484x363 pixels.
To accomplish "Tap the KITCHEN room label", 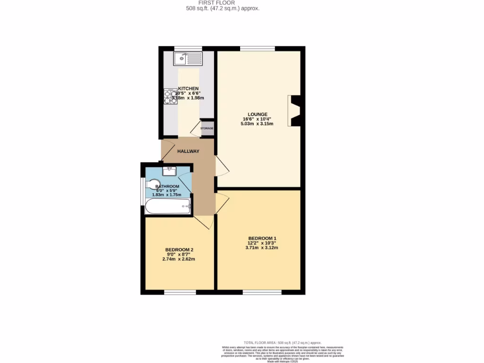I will pyautogui.click(x=188, y=89).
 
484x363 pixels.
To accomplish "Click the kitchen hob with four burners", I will pyautogui.click(x=171, y=96).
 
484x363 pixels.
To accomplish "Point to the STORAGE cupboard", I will pyautogui.click(x=207, y=128).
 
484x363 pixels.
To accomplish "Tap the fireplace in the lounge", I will pyautogui.click(x=294, y=111).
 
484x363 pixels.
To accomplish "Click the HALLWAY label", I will pyautogui.click(x=188, y=151).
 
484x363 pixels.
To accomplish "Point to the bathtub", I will pyautogui.click(x=168, y=206).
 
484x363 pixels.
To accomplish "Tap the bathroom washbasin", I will pyautogui.click(x=169, y=171).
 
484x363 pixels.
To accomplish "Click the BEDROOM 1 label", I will pyautogui.click(x=262, y=238).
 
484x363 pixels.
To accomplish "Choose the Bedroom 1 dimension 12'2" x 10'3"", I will pyautogui.click(x=262, y=243).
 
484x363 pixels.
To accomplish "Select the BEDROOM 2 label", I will pyautogui.click(x=179, y=250).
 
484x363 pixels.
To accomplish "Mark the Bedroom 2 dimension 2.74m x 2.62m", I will pyautogui.click(x=179, y=259).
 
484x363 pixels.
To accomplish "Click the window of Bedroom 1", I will pyautogui.click(x=262, y=292).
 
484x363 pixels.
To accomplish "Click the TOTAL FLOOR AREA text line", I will pyautogui.click(x=282, y=342).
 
